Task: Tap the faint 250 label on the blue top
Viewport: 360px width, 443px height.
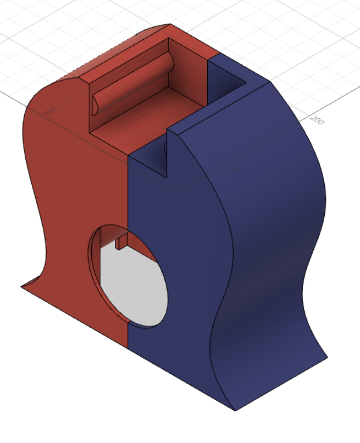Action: click(x=235, y=169)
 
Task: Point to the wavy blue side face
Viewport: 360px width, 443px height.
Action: click(x=277, y=231)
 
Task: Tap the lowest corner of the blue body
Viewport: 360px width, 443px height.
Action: click(x=235, y=410)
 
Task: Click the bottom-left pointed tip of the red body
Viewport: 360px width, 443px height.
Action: click(x=22, y=286)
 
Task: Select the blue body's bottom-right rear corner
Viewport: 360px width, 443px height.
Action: click(x=327, y=356)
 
